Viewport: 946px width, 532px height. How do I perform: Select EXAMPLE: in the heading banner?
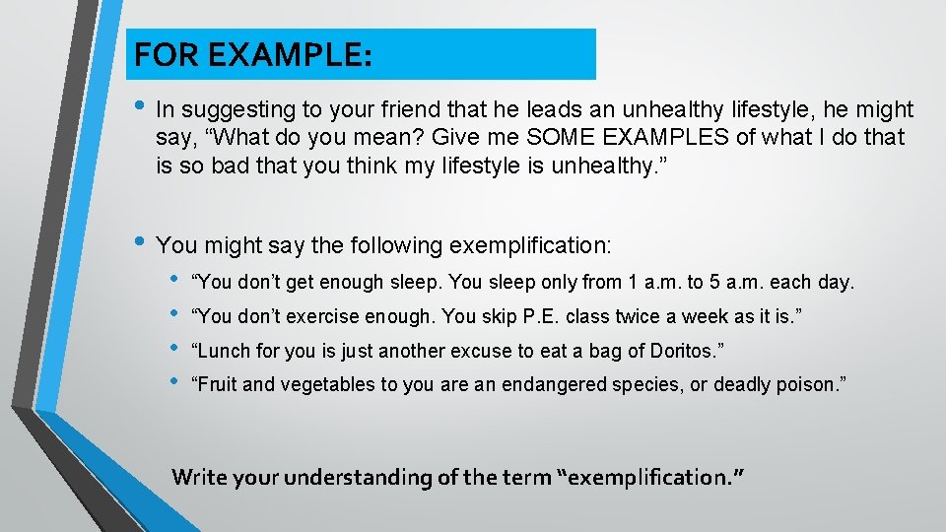click(286, 55)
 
